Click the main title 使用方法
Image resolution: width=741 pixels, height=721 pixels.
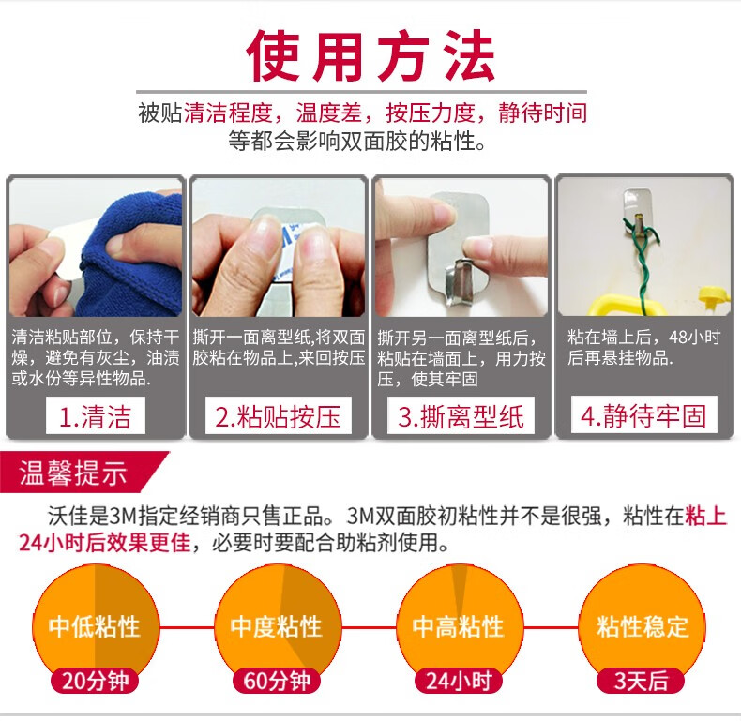pyautogui.click(x=370, y=56)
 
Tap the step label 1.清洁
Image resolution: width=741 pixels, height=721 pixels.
pyautogui.click(x=95, y=416)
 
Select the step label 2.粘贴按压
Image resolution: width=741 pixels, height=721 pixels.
pyautogui.click(x=278, y=416)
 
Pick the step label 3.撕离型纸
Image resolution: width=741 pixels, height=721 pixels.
pyautogui.click(x=461, y=416)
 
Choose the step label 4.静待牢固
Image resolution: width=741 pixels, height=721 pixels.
pyautogui.click(x=643, y=415)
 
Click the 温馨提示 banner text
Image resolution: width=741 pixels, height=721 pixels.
pyautogui.click(x=73, y=473)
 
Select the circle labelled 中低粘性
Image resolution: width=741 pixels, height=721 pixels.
pyautogui.click(x=96, y=628)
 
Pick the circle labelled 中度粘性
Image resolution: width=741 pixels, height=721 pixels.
pyautogui.click(x=278, y=628)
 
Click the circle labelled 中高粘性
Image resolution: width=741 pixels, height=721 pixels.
pyautogui.click(x=460, y=628)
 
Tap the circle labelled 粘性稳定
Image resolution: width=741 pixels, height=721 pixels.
pyautogui.click(x=642, y=628)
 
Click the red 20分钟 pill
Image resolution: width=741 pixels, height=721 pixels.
pyautogui.click(x=95, y=681)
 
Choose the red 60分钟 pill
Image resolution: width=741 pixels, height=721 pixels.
pyautogui.click(x=278, y=681)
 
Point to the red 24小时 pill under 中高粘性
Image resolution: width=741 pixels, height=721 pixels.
pyautogui.click(x=459, y=681)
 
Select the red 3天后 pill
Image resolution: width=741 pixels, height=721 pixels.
pyautogui.click(x=642, y=681)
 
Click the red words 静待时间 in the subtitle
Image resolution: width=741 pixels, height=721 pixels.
pyautogui.click(x=542, y=113)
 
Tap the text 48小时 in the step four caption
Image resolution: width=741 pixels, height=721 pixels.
pyautogui.click(x=695, y=338)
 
